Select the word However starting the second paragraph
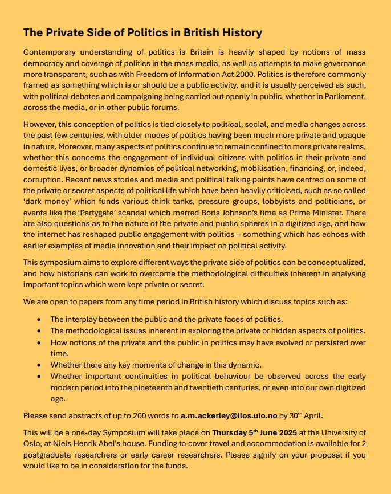click(40, 124)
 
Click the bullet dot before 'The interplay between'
click(39, 320)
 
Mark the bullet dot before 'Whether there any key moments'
click(39, 365)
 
